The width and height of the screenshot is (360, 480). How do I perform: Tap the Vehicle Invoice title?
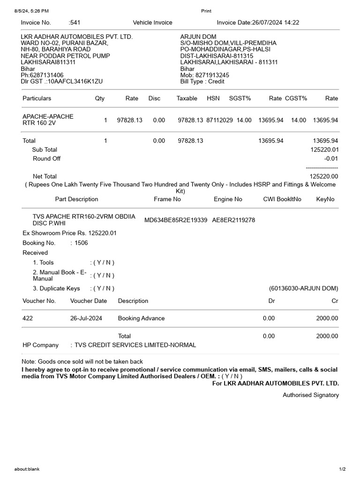tap(152, 22)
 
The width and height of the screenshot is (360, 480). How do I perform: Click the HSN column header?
tap(213, 98)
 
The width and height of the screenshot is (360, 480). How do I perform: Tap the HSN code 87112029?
tap(219, 120)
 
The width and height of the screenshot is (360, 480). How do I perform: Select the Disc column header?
tap(154, 98)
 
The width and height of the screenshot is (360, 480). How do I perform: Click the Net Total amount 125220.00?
tap(324, 176)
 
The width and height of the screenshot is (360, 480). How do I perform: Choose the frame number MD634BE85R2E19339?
tap(176, 220)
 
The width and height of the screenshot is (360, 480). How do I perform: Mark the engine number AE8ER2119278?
tap(233, 220)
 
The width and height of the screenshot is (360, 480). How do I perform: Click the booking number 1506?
tap(81, 243)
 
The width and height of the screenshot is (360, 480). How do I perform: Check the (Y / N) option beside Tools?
tap(102, 262)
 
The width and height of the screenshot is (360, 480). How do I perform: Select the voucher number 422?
tap(28, 318)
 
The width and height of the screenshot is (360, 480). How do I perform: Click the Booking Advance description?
tap(141, 318)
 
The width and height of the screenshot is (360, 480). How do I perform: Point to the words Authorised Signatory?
tap(310, 395)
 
